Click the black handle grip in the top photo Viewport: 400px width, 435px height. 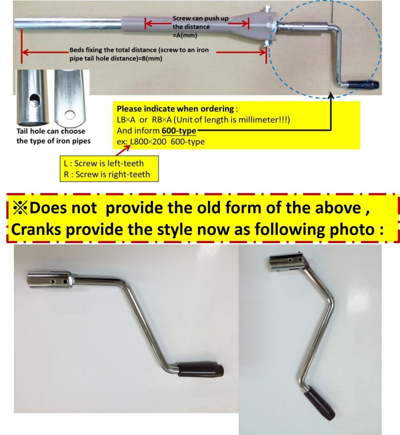coord(363,84)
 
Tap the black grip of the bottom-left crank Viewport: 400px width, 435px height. coord(201,369)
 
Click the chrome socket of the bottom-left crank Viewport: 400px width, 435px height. coord(49,280)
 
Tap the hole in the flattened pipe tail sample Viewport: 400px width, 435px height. coord(70,114)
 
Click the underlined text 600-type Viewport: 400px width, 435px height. coord(179,130)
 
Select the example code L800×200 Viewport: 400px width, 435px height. coord(148,141)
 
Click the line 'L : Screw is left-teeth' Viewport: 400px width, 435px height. coord(104,163)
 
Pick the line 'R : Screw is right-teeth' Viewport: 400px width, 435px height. coord(107,174)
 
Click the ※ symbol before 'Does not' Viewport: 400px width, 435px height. coord(20,208)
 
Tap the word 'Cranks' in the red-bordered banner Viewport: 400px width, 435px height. coord(36,229)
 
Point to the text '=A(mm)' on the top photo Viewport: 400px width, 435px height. coord(185,35)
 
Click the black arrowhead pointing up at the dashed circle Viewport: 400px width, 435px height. coord(331,96)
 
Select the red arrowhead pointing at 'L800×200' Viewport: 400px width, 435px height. coord(128,147)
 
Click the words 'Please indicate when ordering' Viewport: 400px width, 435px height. coord(175,108)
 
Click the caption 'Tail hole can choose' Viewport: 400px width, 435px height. coord(51,131)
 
